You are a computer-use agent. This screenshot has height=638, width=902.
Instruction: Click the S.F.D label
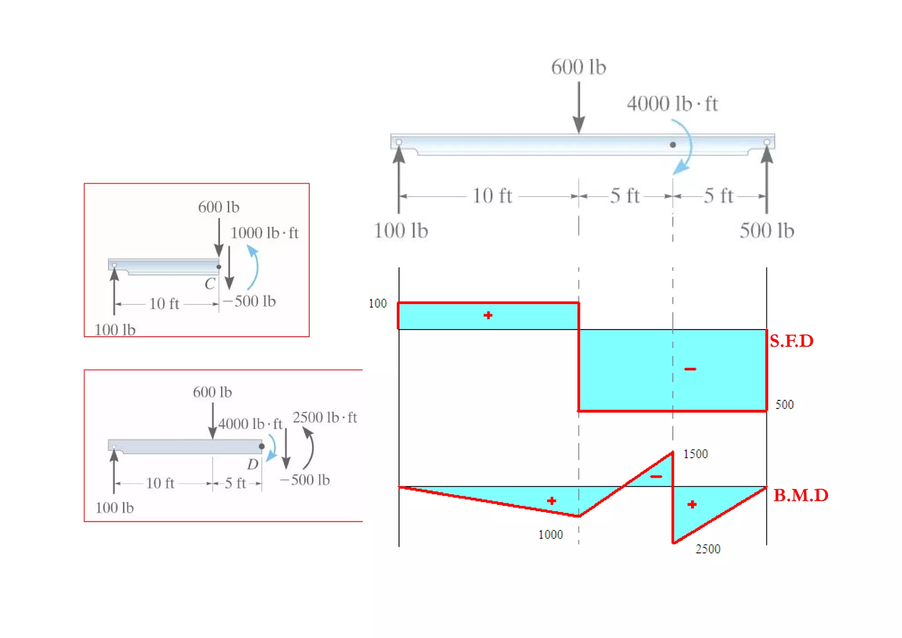pos(791,341)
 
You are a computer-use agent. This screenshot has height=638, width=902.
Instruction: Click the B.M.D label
pos(801,495)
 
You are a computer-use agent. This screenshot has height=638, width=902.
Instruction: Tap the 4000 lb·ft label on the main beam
pos(672,104)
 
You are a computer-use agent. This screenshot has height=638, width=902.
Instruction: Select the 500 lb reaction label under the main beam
pos(766,230)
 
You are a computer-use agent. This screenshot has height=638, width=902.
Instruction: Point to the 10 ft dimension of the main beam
pos(492,196)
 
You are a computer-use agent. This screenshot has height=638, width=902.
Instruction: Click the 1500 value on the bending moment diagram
pos(695,454)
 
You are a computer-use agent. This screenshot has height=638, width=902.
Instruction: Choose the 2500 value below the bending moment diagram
pos(708,549)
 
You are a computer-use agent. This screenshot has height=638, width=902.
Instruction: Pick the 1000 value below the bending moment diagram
pos(551,534)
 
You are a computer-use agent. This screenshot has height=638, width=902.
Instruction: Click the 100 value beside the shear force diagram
pos(377,303)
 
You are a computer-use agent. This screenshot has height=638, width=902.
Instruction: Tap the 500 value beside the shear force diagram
pos(784,404)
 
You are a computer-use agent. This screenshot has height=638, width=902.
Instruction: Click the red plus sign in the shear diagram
pos(488,315)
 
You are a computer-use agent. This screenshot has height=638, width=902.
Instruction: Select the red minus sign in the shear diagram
pos(690,369)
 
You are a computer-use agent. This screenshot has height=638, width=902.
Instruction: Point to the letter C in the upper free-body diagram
pos(210,284)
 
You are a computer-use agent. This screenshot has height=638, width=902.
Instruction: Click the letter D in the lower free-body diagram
pos(253,464)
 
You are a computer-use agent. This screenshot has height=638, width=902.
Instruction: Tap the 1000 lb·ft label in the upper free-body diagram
pos(264,233)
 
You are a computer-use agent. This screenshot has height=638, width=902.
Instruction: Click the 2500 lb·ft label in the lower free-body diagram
pos(325,417)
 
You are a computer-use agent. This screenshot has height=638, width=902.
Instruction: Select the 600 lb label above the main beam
pos(578,67)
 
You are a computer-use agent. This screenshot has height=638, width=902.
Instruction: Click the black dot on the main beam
pos(673,145)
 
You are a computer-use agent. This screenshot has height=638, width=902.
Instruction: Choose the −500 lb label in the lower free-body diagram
pos(305,480)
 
